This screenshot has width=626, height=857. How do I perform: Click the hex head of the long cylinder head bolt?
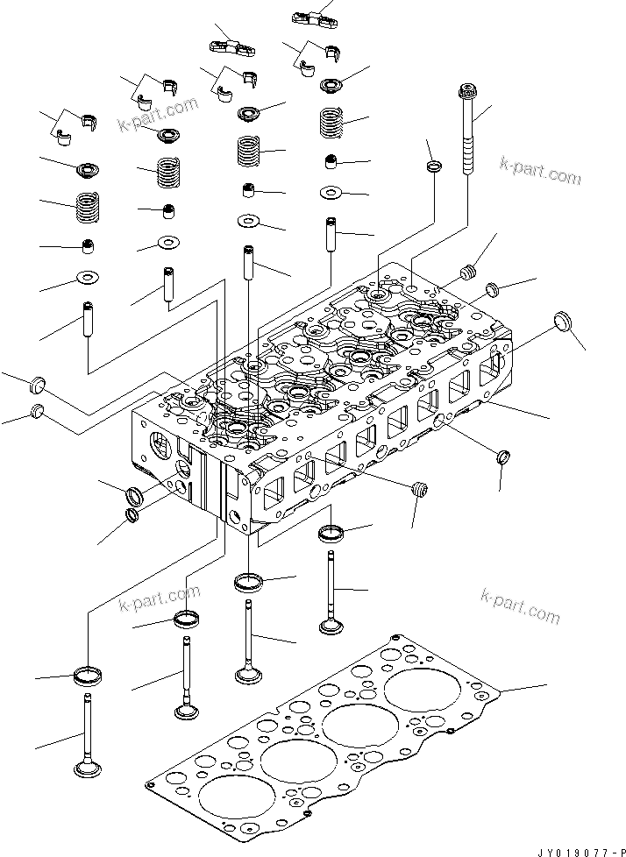(467, 89)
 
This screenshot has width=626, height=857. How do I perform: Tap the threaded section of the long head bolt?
(467, 156)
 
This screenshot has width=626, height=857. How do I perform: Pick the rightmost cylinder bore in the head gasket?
(415, 688)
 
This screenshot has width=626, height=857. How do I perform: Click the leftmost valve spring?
(87, 207)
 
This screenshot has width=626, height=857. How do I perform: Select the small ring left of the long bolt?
(434, 166)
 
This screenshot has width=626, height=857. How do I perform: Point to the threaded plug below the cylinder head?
(419, 490)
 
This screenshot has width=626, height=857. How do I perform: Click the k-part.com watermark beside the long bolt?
(540, 171)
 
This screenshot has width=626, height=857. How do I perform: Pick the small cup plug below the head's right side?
(503, 457)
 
